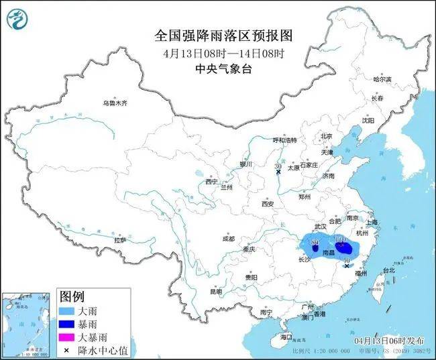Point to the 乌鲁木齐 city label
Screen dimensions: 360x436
point(114,103)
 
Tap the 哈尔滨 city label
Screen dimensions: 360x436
point(381,79)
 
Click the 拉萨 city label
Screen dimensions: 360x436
point(120,239)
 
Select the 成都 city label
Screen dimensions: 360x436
point(228,239)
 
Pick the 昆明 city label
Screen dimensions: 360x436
point(215,292)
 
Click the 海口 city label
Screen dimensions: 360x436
point(286,336)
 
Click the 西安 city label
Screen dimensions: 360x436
point(268,203)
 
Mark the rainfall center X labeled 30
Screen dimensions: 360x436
point(278,172)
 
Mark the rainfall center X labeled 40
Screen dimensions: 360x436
point(347,266)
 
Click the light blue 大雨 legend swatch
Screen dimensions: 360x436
point(68,312)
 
